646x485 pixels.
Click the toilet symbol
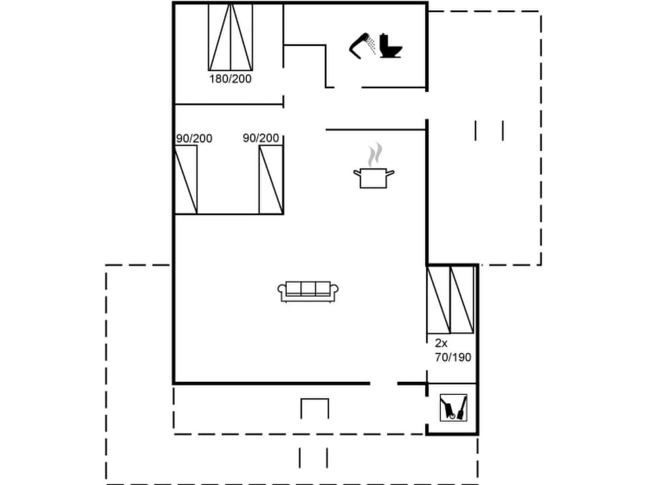coord(391,45)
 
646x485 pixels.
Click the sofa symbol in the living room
coord(308,291)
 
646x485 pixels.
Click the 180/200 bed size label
coord(230,79)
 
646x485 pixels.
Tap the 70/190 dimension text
coord(453,357)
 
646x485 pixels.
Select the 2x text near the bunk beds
coord(441,344)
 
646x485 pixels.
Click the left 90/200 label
coord(194,138)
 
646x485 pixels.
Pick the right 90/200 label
coord(261,138)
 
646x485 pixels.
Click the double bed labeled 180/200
coord(230,37)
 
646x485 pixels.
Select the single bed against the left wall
coord(186,179)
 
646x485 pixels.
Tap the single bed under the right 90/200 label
coord(271,179)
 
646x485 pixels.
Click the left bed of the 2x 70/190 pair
coord(438,300)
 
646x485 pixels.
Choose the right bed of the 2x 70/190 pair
coord(462,300)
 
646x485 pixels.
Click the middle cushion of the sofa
coord(308,289)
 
